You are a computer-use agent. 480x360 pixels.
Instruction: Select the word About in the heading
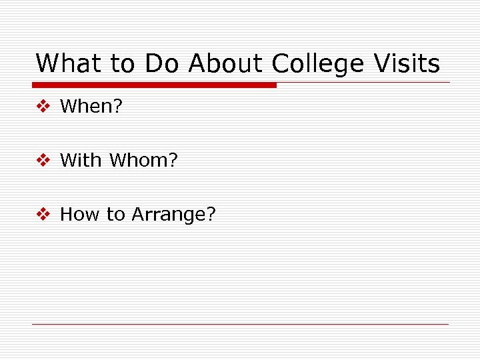pyautogui.click(x=227, y=64)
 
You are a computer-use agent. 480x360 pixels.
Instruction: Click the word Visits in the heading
pyautogui.click(x=407, y=64)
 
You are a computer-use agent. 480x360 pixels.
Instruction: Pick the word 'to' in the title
pyautogui.click(x=122, y=65)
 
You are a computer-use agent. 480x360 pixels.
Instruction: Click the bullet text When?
pyautogui.click(x=91, y=106)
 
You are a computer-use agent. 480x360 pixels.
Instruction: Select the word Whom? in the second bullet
pyautogui.click(x=143, y=160)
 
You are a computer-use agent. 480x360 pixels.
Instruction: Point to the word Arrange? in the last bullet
pyautogui.click(x=174, y=215)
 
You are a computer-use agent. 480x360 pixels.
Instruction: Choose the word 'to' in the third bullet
pyautogui.click(x=115, y=215)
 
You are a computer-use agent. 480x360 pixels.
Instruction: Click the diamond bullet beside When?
pyautogui.click(x=43, y=106)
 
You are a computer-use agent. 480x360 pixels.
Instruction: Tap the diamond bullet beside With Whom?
pyautogui.click(x=43, y=160)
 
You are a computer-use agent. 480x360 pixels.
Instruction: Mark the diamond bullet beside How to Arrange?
pyautogui.click(x=43, y=214)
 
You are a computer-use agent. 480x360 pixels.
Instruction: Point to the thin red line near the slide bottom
pyautogui.click(x=240, y=324)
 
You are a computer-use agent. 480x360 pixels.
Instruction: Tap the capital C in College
pyautogui.click(x=281, y=64)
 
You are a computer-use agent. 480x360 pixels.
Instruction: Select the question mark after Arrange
pyautogui.click(x=211, y=214)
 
